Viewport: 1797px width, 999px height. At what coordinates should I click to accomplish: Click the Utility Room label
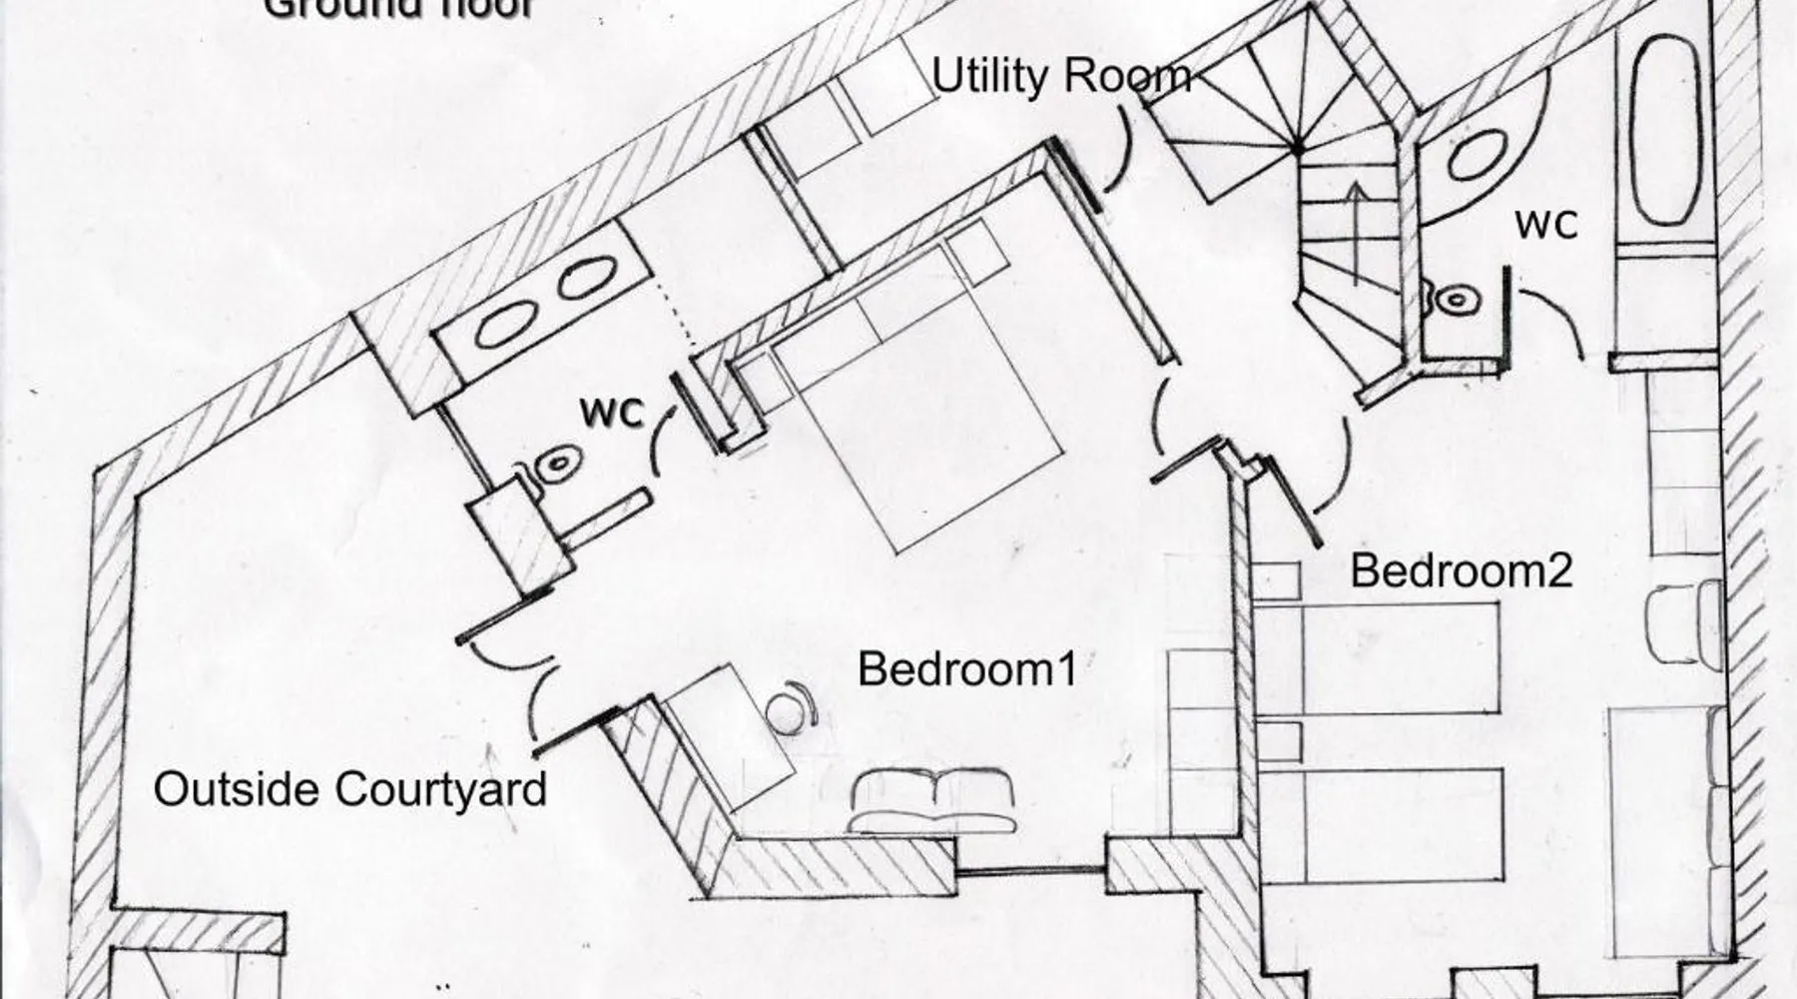tap(1061, 77)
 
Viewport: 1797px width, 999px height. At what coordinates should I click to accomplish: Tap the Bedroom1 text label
tap(967, 669)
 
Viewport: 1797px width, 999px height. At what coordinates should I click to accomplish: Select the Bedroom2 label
tap(1461, 570)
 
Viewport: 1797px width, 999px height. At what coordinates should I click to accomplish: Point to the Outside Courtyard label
tap(350, 789)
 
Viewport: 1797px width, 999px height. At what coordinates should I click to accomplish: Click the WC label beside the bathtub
tap(1546, 224)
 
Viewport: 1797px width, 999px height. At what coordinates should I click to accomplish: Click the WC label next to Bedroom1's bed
tap(611, 411)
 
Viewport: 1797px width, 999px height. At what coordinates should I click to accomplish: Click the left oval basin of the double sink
tap(501, 326)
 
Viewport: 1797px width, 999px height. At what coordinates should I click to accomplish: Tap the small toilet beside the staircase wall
tap(1456, 299)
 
